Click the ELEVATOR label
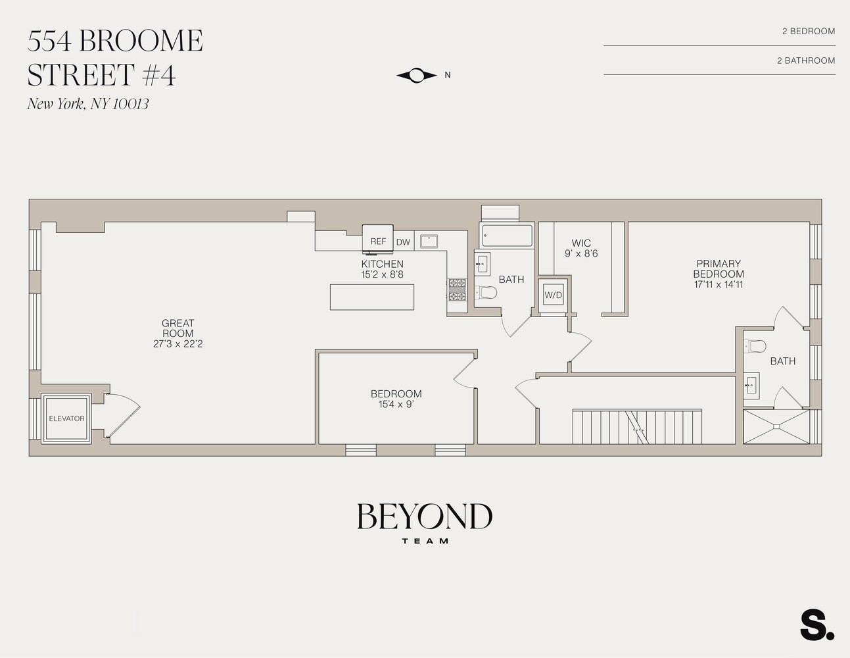click(x=66, y=418)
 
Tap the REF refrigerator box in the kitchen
click(x=378, y=241)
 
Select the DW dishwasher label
click(x=403, y=242)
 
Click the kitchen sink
click(x=429, y=241)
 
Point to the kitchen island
click(x=372, y=297)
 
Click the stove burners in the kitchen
click(x=456, y=290)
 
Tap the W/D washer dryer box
click(x=554, y=295)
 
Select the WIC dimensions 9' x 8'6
click(x=581, y=253)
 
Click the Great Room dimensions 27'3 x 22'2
click(x=177, y=344)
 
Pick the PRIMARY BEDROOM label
click(x=719, y=268)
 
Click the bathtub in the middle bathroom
click(x=506, y=236)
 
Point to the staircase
click(x=637, y=426)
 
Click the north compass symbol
click(x=417, y=76)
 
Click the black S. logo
click(x=816, y=626)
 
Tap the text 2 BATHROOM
click(x=805, y=61)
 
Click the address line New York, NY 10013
click(x=88, y=104)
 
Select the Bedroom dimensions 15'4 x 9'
click(x=396, y=405)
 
